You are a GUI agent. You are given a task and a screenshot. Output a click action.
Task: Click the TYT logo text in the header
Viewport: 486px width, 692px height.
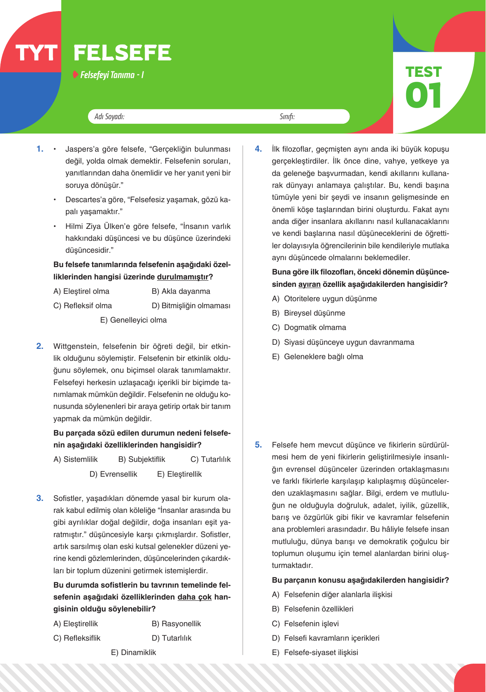pos(36,53)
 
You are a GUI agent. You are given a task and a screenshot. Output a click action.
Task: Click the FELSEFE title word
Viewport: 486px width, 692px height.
pos(122,53)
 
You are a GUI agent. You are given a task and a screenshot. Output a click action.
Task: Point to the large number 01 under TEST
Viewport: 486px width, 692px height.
pos(423,96)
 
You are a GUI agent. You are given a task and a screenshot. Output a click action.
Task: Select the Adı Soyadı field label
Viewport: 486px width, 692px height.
pos(109,117)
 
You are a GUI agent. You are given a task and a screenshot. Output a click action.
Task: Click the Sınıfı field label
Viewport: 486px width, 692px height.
pos(287,117)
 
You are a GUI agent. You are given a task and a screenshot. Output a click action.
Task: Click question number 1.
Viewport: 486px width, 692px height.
pos(40,149)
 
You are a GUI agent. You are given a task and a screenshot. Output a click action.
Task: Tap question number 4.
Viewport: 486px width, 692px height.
pos(258,149)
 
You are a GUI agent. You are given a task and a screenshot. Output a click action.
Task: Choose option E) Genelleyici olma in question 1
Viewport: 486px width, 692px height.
pos(134,320)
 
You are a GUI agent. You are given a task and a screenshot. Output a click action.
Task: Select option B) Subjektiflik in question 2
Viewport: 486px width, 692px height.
pos(141,459)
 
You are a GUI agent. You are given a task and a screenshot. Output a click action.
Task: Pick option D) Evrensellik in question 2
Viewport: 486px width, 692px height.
pos(113,474)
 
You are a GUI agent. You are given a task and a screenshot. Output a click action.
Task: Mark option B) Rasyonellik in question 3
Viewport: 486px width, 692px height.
pos(176,624)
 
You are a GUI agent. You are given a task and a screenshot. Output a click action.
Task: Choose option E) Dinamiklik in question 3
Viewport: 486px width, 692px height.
pos(134,653)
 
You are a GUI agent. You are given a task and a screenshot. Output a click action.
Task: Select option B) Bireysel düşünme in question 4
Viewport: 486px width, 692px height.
pos(309,313)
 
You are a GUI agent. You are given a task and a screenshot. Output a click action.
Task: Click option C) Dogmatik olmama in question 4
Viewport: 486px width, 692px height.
pos(309,328)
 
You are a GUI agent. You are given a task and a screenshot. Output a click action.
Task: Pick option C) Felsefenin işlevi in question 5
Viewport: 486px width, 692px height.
pos(305,624)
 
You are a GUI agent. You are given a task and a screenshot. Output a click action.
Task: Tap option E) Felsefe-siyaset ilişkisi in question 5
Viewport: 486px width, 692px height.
pos(315,653)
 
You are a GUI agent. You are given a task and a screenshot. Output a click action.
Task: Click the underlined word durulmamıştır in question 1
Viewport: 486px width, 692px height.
pos(183,277)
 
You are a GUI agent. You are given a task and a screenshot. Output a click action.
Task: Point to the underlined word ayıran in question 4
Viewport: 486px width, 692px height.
pos(309,284)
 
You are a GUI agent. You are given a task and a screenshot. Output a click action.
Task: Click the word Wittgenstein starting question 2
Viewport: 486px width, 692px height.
pos(75,346)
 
